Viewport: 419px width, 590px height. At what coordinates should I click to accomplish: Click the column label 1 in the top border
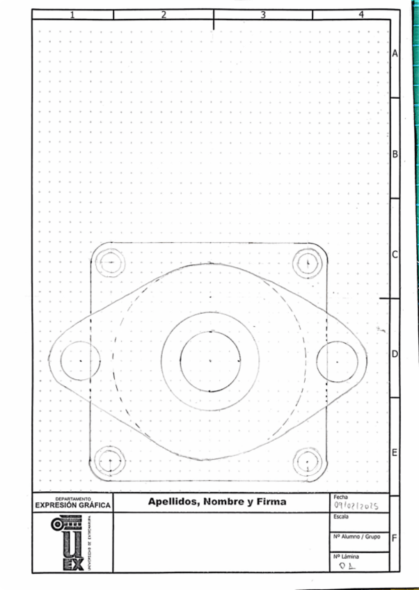point(72,15)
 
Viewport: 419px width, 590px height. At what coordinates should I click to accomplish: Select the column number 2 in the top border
point(163,15)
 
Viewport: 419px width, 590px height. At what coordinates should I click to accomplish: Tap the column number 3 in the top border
point(263,15)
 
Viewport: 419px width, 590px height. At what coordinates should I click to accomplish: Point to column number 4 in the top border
point(361,15)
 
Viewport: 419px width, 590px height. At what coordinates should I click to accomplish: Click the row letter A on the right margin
point(395,54)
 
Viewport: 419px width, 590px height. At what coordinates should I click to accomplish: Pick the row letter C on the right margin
point(395,255)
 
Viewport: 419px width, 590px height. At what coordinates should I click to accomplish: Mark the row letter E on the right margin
point(395,454)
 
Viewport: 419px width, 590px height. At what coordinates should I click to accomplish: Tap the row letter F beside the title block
point(395,539)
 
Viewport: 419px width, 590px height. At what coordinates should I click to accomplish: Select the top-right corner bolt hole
point(306,263)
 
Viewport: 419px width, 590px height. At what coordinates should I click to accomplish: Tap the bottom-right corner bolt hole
point(306,461)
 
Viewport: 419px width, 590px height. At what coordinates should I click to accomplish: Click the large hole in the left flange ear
point(80,362)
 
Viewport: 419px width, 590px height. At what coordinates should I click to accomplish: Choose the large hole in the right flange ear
point(338,362)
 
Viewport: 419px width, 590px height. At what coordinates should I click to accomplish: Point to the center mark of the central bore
point(210,360)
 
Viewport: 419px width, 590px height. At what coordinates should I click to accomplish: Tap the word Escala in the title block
point(342,517)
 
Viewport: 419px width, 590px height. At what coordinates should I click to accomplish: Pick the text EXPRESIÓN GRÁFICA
point(73,505)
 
